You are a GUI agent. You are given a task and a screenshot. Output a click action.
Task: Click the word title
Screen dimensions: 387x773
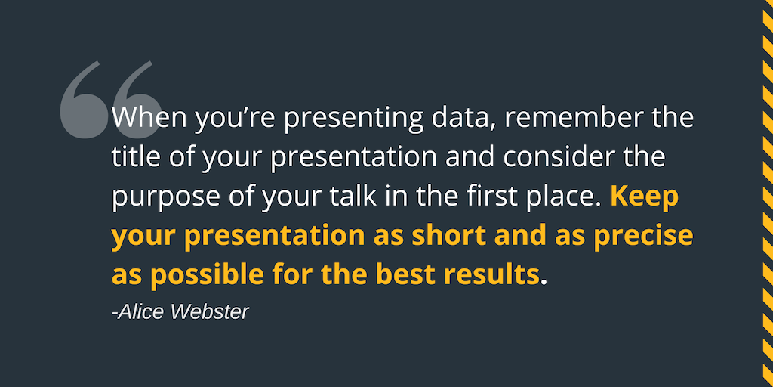pyautogui.click(x=134, y=157)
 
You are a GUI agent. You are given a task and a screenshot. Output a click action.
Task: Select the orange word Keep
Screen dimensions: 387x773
pyautogui.click(x=644, y=197)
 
